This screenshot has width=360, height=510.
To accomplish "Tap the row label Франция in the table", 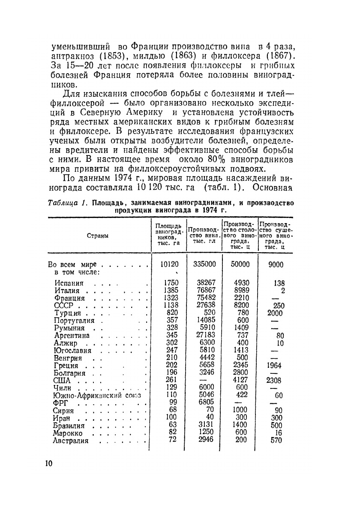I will click(69, 298).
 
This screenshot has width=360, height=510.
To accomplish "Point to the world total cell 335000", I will click(204, 264).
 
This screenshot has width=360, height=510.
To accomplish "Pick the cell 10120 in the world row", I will click(169, 264).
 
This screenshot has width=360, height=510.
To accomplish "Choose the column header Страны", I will click(98, 236).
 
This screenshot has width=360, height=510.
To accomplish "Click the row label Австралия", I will click(71, 441).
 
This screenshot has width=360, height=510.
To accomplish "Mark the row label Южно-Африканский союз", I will click(96, 396).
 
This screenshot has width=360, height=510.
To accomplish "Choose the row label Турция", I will click(68, 313).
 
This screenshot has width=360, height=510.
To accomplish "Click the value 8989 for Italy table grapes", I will click(240, 290).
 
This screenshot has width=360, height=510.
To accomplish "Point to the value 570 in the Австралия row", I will click(276, 440).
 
